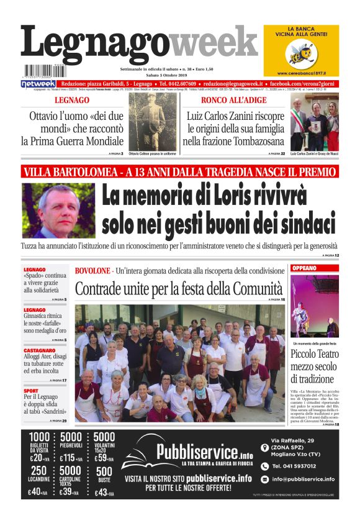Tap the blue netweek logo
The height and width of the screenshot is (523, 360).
click(38, 83)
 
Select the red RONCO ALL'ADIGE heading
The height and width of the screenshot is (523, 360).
click(233, 100)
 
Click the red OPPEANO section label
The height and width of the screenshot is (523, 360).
click(304, 268)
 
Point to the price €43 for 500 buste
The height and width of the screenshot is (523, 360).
click(104, 493)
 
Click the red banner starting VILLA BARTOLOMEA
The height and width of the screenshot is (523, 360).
click(180, 172)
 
